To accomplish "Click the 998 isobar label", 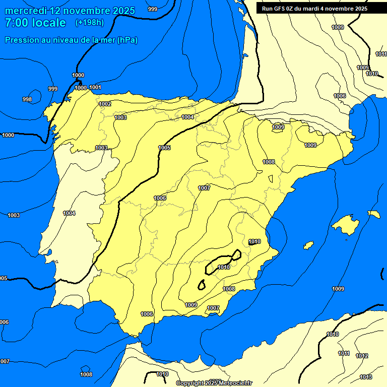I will pyautogui.click(x=27, y=99).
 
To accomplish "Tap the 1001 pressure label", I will pyautogui.click(x=95, y=87).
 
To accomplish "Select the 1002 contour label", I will pyautogui.click(x=105, y=104).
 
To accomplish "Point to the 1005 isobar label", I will pyautogui.click(x=164, y=148).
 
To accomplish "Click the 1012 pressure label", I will pyautogui.click(x=362, y=356).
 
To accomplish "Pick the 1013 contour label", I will pyautogui.click(x=366, y=377).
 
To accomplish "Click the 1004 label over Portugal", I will pyautogui.click(x=69, y=213).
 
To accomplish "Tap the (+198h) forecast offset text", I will pyautogui.click(x=89, y=23).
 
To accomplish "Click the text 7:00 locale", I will pyautogui.click(x=35, y=23).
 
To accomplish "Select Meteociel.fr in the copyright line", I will pyautogui.click(x=234, y=383).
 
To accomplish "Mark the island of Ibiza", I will pyautogui.click(x=308, y=245).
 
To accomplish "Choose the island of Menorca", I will pyautogui.click(x=374, y=214).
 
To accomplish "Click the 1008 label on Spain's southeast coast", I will pyautogui.click(x=229, y=289).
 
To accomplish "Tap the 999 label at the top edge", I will pyautogui.click(x=152, y=9).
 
